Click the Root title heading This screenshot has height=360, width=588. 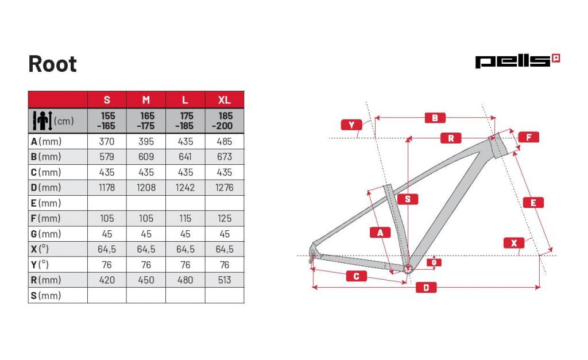pyautogui.click(x=52, y=64)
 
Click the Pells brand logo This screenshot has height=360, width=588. pyautogui.click(x=517, y=61)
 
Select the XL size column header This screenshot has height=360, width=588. pyautogui.click(x=225, y=100)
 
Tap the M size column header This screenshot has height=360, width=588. pyautogui.click(x=146, y=100)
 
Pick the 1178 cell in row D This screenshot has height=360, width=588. pyautogui.click(x=107, y=188)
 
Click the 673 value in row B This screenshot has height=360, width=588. pyautogui.click(x=225, y=157)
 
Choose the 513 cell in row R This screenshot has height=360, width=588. pyautogui.click(x=225, y=280)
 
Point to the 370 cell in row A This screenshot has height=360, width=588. pyautogui.click(x=107, y=141)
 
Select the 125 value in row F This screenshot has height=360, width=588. pyautogui.click(x=225, y=218)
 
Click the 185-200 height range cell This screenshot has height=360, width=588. pyautogui.click(x=223, y=121)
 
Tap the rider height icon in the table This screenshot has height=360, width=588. pyautogui.click(x=42, y=121)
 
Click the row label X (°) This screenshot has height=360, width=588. pyautogui.click(x=40, y=249)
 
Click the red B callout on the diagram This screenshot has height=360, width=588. pyautogui.click(x=435, y=118)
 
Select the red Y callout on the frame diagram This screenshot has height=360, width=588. pyautogui.click(x=351, y=125)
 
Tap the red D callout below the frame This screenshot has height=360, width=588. pyautogui.click(x=426, y=288)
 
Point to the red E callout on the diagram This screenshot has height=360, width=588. pyautogui.click(x=533, y=203)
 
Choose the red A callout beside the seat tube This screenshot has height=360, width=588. pyautogui.click(x=380, y=233)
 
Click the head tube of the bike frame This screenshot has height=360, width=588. pyautogui.click(x=498, y=145)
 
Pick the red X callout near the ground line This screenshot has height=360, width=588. pyautogui.click(x=514, y=243)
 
